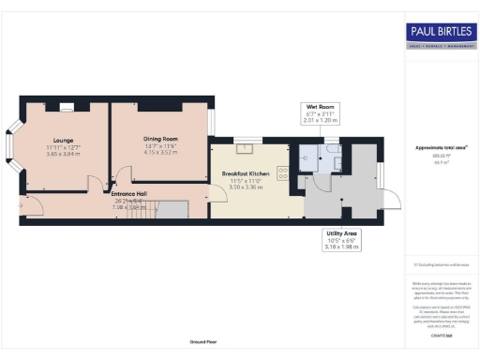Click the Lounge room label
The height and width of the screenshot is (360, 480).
pos(63,140)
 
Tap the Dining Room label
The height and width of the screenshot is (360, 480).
pos(161,140)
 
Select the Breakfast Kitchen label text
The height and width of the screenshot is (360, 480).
pos(246,174)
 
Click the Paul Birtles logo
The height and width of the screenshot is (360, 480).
pos(439,32)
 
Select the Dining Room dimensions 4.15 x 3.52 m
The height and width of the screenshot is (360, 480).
pos(161,151)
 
